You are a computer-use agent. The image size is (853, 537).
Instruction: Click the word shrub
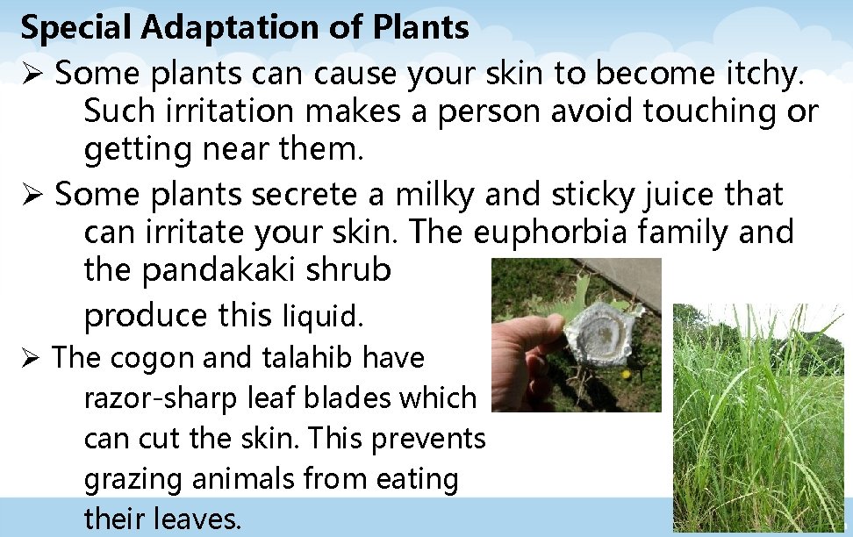[x=348, y=270]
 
